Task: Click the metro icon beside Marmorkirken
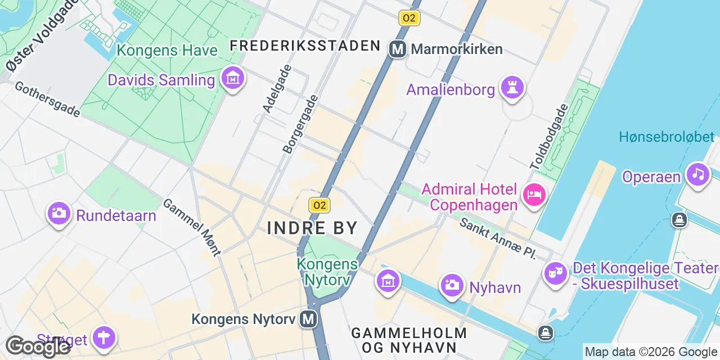398,49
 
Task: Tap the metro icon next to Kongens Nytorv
308,319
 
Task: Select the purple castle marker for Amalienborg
512,88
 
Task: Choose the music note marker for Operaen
697,174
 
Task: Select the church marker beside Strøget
105,338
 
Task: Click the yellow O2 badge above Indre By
319,205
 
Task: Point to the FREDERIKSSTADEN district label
305,46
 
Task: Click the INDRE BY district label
312,228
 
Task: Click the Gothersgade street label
47,100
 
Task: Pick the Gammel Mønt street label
192,227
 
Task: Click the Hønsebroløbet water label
667,137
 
